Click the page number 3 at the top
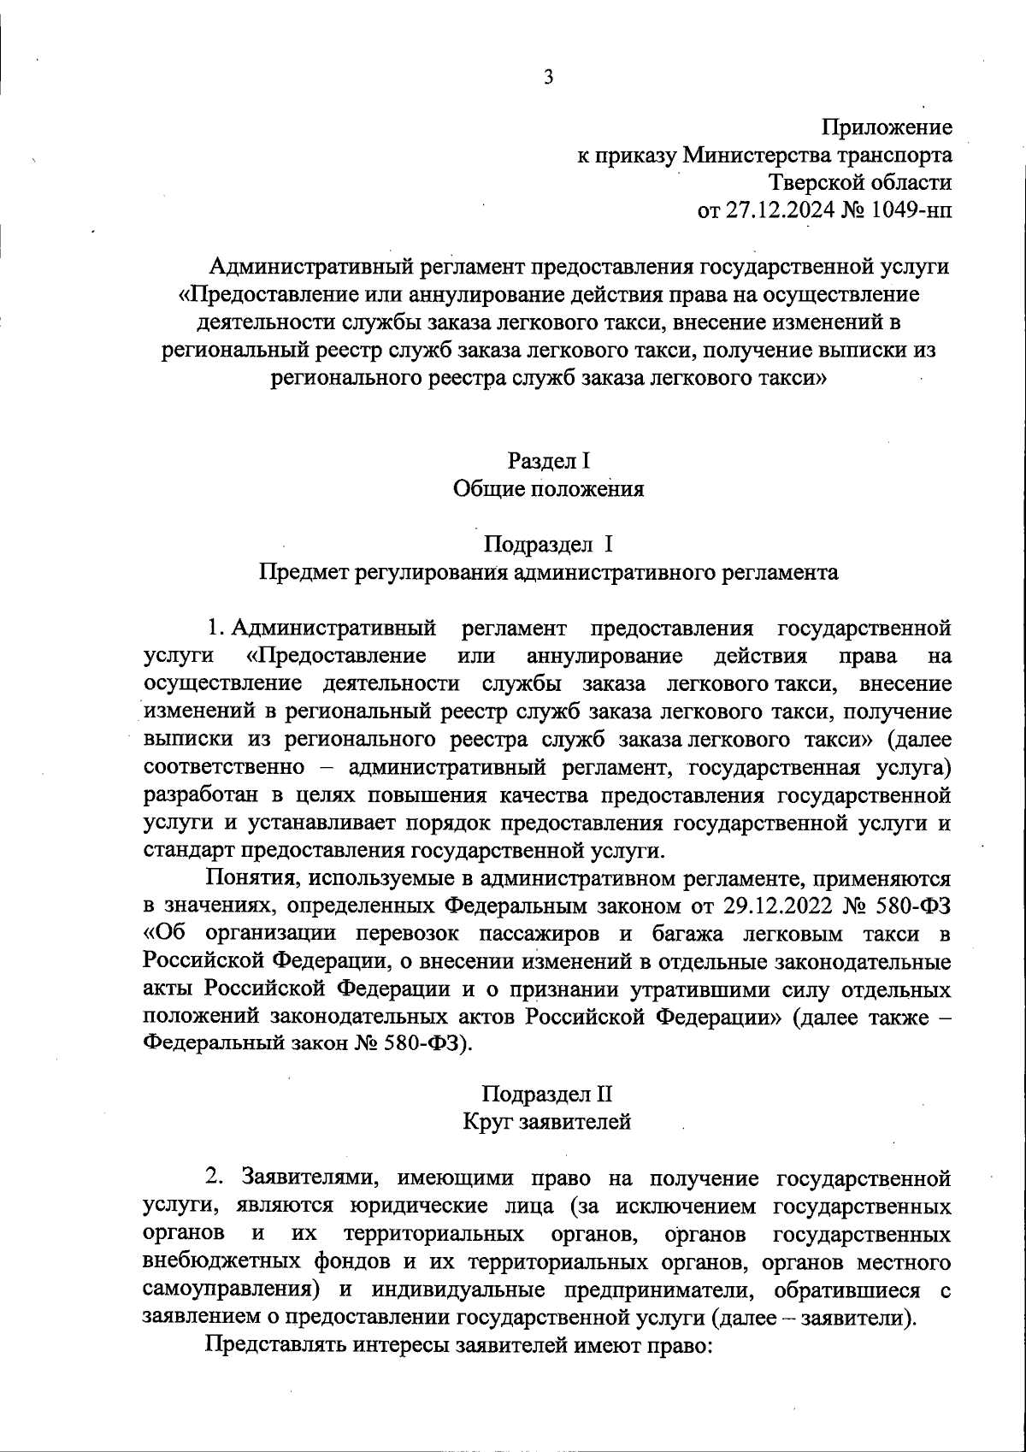(x=548, y=78)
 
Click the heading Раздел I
(x=548, y=461)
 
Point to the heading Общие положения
(x=548, y=489)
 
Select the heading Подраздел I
(x=548, y=545)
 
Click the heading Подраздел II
(x=548, y=1094)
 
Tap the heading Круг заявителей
(x=548, y=1122)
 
